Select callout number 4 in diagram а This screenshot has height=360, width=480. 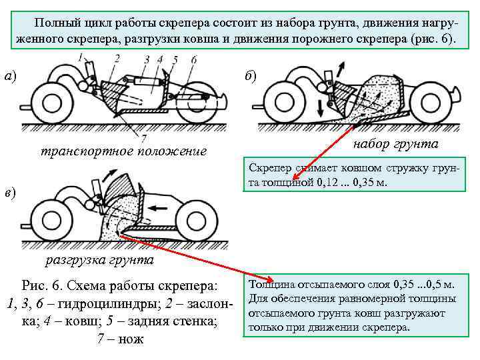160,59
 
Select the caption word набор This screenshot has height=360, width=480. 371,144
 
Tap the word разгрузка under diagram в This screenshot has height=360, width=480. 75,259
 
